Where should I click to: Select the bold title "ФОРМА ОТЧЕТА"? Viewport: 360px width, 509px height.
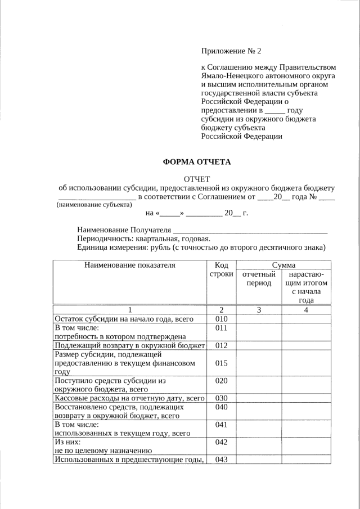(x=197, y=161)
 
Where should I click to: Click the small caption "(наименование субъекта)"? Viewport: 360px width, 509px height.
(x=90, y=206)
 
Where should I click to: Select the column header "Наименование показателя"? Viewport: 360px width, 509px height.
(x=129, y=264)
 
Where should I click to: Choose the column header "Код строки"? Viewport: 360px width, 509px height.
(x=221, y=269)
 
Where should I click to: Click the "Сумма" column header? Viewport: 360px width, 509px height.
(x=283, y=264)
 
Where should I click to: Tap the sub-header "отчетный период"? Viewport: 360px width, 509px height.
(x=259, y=278)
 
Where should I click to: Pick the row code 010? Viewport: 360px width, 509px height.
(x=221, y=319)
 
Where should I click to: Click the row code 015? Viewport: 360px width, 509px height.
(x=221, y=363)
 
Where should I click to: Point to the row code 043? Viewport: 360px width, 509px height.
(x=221, y=460)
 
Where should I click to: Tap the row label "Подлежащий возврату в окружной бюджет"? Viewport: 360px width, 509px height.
(x=129, y=345)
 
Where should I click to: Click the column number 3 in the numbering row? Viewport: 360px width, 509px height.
(x=259, y=309)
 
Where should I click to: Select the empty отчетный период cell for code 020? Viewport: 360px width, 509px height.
(x=259, y=384)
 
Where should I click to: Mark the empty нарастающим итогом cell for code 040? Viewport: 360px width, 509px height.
(x=306, y=411)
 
